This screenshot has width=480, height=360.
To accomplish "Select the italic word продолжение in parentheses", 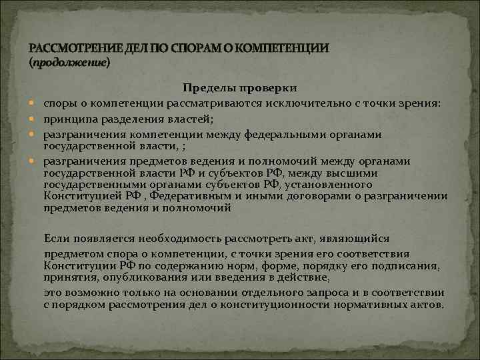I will [x=69, y=63].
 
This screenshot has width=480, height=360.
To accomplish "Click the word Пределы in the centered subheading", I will [x=203, y=89].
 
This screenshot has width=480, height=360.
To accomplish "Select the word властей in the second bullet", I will [x=193, y=119].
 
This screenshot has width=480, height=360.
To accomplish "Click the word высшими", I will [x=347, y=174].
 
